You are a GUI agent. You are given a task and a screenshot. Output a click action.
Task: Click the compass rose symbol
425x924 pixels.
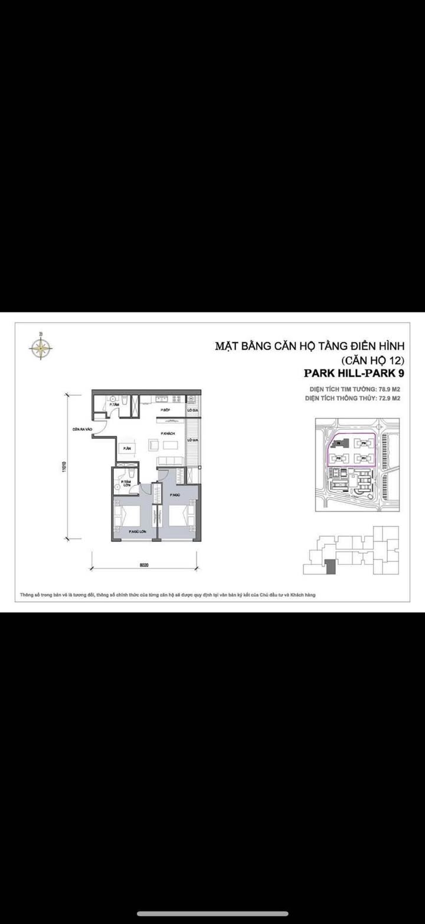(41, 347)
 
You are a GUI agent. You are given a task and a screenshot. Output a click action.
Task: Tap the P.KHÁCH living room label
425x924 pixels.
(166, 433)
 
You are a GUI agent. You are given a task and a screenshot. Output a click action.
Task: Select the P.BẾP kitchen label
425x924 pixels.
(165, 409)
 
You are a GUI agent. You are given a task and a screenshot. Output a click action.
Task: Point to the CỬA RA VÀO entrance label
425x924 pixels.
(82, 430)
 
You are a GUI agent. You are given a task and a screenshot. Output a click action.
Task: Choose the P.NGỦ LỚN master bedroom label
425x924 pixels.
(137, 532)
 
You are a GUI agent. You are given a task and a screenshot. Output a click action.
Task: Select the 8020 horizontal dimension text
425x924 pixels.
(144, 565)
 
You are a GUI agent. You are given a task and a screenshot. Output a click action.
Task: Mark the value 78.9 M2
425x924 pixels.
(388, 389)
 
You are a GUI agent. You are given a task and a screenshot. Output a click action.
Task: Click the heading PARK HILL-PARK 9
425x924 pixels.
(354, 373)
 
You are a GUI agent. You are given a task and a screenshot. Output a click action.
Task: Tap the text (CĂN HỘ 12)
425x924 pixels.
(374, 360)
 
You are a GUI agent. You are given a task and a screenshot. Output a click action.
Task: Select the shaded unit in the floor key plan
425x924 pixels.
(330, 566)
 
